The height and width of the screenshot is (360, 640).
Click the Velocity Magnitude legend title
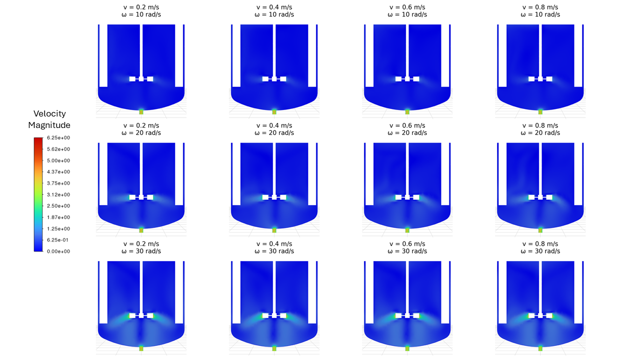point(49,119)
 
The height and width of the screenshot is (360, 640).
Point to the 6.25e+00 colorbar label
point(59,138)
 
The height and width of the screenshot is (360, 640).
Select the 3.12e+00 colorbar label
point(59,195)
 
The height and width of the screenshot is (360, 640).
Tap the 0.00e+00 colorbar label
point(59,251)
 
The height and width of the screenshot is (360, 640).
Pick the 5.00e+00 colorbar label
point(59,160)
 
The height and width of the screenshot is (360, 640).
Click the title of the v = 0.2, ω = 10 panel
point(141,11)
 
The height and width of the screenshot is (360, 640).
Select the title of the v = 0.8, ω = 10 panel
point(540,11)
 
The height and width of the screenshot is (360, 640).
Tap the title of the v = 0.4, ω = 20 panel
point(274,129)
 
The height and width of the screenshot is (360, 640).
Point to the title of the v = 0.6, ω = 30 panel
point(407,247)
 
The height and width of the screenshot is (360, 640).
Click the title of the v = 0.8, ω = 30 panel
point(540,247)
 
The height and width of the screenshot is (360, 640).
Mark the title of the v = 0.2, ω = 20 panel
point(141,129)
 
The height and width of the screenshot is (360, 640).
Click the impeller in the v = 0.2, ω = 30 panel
point(141,315)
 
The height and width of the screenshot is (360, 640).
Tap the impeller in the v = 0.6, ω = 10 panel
point(407,79)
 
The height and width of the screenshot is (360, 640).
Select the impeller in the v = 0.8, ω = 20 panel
point(540,197)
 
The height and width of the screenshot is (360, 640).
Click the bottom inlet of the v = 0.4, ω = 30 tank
point(274,347)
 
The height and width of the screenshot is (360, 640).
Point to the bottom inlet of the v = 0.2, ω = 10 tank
point(141,111)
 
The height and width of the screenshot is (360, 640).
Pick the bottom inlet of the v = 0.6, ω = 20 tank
point(407,229)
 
